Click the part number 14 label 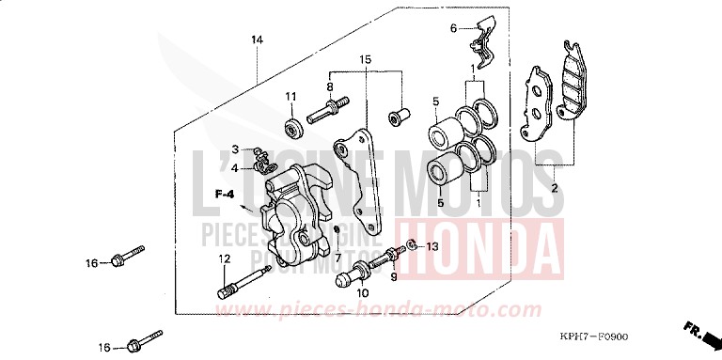[257, 39]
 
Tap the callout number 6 [452, 28]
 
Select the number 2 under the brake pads [554, 189]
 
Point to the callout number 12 [226, 258]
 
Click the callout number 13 [432, 246]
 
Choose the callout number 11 [291, 97]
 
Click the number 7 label [338, 258]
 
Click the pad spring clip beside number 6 [484, 42]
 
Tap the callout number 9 [394, 276]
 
